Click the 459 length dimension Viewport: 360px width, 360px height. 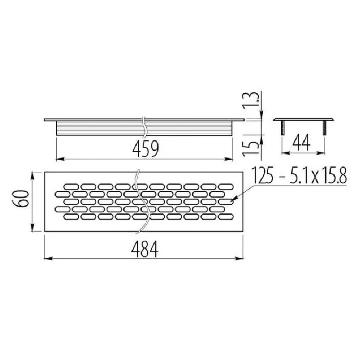[145, 149]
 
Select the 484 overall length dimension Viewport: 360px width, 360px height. [144, 249]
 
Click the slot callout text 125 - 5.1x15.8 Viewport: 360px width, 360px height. [299, 175]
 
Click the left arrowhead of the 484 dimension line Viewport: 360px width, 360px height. [48, 258]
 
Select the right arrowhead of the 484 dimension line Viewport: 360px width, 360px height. [239, 258]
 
